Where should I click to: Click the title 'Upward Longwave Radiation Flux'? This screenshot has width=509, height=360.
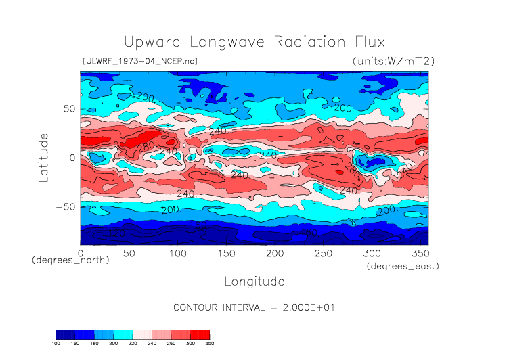coord(254,41)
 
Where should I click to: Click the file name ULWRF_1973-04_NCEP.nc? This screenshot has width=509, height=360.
coord(139,61)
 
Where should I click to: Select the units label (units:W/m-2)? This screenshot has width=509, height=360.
coord(393,61)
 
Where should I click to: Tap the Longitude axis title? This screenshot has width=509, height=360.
coord(254,281)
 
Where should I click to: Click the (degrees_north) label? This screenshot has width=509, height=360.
coord(70,261)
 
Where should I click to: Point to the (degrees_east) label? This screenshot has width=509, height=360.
coord(403,267)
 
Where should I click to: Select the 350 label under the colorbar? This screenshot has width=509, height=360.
coord(209,344)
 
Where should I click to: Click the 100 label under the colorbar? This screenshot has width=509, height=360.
coord(56,344)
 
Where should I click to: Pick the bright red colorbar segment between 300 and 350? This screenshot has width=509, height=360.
coord(200,334)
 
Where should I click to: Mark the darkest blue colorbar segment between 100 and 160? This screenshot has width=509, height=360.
coord(66,334)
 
